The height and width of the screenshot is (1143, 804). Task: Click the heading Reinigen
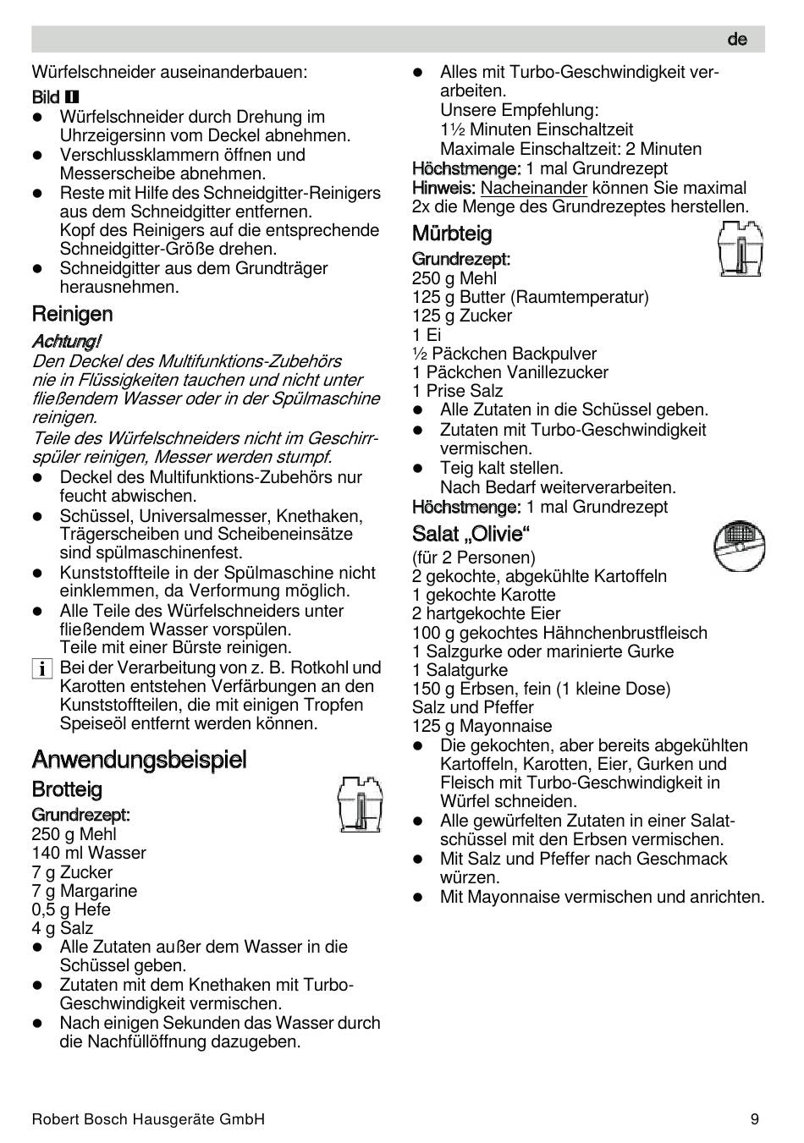[72, 314]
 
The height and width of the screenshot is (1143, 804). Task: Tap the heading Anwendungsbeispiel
[139, 759]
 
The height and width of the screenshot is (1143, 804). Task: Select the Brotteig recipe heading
[67, 789]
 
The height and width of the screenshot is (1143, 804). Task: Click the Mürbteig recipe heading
[452, 234]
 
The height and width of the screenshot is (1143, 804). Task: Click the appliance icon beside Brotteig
[359, 804]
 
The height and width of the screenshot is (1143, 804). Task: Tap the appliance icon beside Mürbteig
[741, 249]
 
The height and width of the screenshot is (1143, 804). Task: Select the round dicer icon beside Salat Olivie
[739, 545]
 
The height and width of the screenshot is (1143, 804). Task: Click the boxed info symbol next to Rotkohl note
[41, 668]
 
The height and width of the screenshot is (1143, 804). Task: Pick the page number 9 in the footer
[754, 1118]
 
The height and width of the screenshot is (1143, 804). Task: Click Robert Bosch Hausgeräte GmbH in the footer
[148, 1118]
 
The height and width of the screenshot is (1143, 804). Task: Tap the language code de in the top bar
[737, 40]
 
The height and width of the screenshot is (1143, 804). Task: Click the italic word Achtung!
[66, 341]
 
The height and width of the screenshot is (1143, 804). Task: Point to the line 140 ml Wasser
[89, 853]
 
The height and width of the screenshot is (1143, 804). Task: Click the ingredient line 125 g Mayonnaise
[482, 726]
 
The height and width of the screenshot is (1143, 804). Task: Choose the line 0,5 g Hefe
[71, 909]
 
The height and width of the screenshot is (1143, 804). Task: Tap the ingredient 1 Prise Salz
[457, 391]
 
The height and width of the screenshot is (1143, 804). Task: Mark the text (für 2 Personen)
[473, 558]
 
